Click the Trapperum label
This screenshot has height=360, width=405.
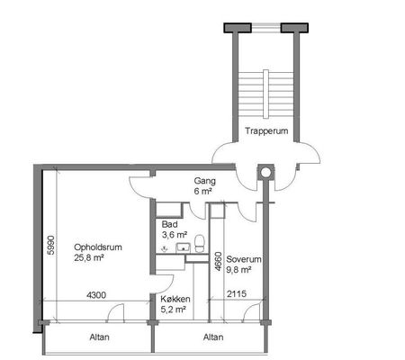(x=266, y=131)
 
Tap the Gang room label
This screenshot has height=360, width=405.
(x=205, y=181)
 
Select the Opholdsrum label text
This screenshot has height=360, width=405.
(x=98, y=247)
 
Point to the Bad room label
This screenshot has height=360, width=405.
(x=169, y=224)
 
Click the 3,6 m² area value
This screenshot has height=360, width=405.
(x=175, y=235)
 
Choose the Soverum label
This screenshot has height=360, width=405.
(x=244, y=259)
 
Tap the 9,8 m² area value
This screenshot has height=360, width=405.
(x=238, y=270)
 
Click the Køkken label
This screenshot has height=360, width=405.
(x=175, y=299)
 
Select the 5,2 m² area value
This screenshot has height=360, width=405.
(x=173, y=310)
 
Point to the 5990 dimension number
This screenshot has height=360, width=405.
(x=51, y=246)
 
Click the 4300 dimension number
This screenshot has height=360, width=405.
(x=96, y=295)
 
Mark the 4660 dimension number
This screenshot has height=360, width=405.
(x=219, y=262)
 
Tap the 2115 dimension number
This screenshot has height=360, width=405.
(x=237, y=293)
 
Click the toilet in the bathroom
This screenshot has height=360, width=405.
(x=199, y=244)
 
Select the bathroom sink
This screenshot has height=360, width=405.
(x=183, y=247)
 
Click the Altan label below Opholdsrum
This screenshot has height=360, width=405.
(x=99, y=337)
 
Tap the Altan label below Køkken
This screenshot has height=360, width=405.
(x=213, y=337)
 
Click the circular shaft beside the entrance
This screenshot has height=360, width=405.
(x=265, y=172)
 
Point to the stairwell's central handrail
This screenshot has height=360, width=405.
(x=265, y=94)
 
